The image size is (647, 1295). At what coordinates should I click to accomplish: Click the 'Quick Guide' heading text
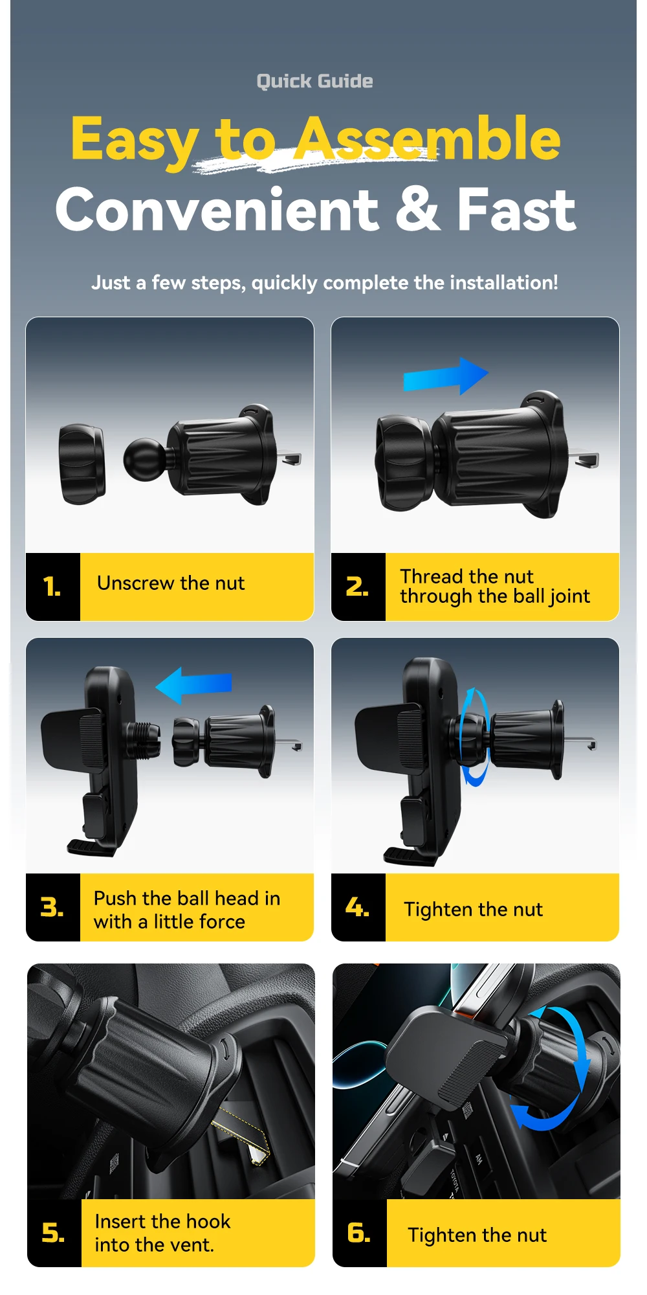pyautogui.click(x=314, y=82)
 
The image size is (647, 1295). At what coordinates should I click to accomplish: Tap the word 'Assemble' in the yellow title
pyautogui.click(x=428, y=139)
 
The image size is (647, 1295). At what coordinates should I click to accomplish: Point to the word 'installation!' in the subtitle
pyautogui.click(x=503, y=283)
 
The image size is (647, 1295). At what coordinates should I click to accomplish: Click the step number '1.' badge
pyautogui.click(x=52, y=587)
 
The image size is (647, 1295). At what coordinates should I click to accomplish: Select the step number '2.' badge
pyautogui.click(x=358, y=587)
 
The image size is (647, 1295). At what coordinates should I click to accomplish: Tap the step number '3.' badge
pyautogui.click(x=52, y=907)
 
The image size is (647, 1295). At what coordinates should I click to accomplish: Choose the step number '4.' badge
pyautogui.click(x=358, y=907)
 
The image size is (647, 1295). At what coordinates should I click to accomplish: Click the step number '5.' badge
pyautogui.click(x=54, y=1233)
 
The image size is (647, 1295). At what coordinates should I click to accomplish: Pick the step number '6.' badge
pyautogui.click(x=359, y=1233)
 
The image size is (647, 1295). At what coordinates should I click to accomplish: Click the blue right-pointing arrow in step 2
pyautogui.click(x=445, y=376)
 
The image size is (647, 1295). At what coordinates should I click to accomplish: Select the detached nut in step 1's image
pyautogui.click(x=82, y=464)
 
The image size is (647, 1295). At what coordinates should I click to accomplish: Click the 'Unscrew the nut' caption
pyautogui.click(x=171, y=583)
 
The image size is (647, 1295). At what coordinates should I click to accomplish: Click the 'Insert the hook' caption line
pyautogui.click(x=162, y=1222)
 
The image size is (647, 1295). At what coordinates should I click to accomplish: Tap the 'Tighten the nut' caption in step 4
pyautogui.click(x=474, y=910)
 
